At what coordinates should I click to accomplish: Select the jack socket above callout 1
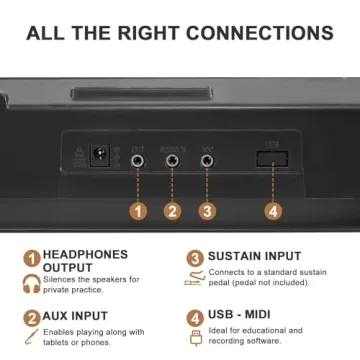pyautogui.click(x=137, y=159)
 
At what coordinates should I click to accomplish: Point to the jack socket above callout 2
pyautogui.click(x=172, y=159)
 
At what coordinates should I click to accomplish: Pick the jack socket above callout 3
pyautogui.click(x=207, y=159)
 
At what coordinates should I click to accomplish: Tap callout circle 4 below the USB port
pyautogui.click(x=272, y=212)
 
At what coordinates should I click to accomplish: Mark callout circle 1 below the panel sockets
pyautogui.click(x=137, y=212)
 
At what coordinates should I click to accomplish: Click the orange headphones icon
pyautogui.click(x=32, y=284)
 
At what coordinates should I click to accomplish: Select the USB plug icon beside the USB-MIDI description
pyautogui.click(x=195, y=339)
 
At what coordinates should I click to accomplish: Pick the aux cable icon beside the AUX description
pyautogui.click(x=32, y=340)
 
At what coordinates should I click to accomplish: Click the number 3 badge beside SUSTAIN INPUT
pyautogui.click(x=195, y=258)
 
